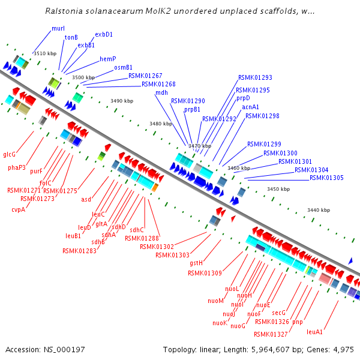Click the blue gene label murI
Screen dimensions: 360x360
pos(58,28)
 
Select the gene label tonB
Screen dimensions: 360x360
pos(71,37)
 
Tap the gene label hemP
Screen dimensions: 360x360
pos(108,59)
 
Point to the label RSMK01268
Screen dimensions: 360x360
pos(158,84)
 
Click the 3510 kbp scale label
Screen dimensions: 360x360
pos(44,54)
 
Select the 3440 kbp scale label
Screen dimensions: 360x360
pos(318,210)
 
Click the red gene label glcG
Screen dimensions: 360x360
pos(10,154)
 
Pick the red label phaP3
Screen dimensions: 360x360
pos(17,167)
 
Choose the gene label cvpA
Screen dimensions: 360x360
pos(18,209)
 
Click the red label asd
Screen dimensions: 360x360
pos(86,199)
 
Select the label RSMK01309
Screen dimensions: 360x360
pos(204,273)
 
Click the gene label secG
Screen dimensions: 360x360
pos(278,313)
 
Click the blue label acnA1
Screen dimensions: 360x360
pos(250,107)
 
